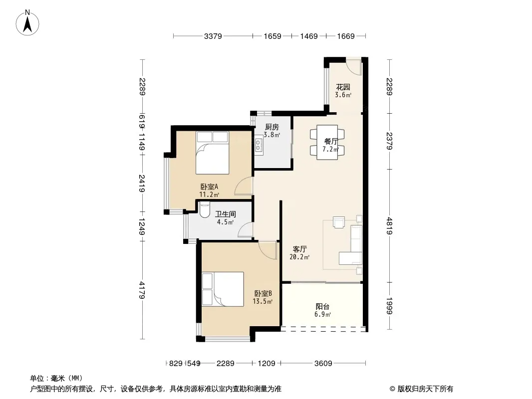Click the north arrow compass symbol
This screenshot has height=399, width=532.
pyautogui.click(x=27, y=22)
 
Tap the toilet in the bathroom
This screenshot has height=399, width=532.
pyautogui.click(x=204, y=209)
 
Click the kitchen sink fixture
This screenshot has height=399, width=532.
pyautogui.click(x=259, y=145)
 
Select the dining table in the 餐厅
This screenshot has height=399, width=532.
pyautogui.click(x=327, y=142)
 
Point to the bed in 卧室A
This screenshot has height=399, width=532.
pyautogui.click(x=213, y=153)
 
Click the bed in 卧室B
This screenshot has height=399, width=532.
pyautogui.click(x=223, y=289)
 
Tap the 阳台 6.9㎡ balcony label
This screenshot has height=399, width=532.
pyautogui.click(x=322, y=310)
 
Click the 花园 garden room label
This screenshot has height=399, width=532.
pyautogui.click(x=343, y=87)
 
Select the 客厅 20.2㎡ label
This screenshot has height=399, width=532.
pyautogui.click(x=299, y=253)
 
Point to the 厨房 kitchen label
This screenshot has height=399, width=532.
pyautogui.click(x=272, y=127)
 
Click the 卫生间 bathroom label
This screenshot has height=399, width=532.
pyautogui.click(x=225, y=214)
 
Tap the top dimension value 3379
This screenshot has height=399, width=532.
pyautogui.click(x=213, y=36)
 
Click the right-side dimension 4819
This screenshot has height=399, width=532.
pyautogui.click(x=389, y=226)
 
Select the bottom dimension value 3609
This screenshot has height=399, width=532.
pyautogui.click(x=323, y=364)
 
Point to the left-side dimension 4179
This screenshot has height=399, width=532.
pyautogui.click(x=142, y=290)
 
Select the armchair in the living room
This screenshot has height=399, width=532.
pyautogui.click(x=338, y=222)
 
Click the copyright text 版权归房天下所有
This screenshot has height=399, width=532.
pyautogui.click(x=425, y=389)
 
